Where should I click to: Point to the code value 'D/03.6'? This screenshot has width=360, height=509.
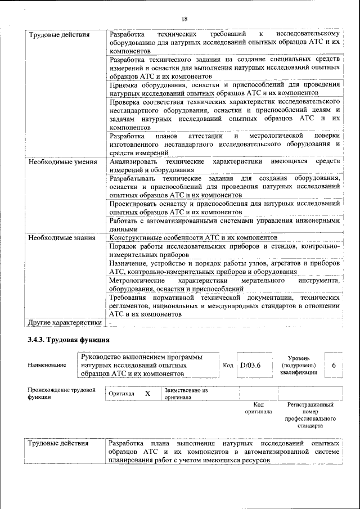pyautogui.click(x=251, y=366)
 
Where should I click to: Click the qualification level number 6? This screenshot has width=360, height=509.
pyautogui.click(x=334, y=366)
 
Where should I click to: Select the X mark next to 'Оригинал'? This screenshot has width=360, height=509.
pyautogui.click(x=147, y=394)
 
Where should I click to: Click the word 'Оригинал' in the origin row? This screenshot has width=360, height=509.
pyautogui.click(x=122, y=394)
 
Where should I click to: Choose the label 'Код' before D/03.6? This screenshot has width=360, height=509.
pyautogui.click(x=228, y=366)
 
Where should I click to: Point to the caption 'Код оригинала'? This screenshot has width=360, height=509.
pyautogui.click(x=258, y=408)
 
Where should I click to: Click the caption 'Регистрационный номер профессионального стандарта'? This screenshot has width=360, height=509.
pyautogui.click(x=310, y=415)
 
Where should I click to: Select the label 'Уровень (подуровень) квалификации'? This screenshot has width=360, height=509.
pyautogui.click(x=302, y=365)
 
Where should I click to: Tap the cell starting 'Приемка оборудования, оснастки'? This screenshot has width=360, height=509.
pyautogui.click(x=224, y=88)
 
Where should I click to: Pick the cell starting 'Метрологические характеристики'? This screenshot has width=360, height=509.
pyautogui.click(x=224, y=284)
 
